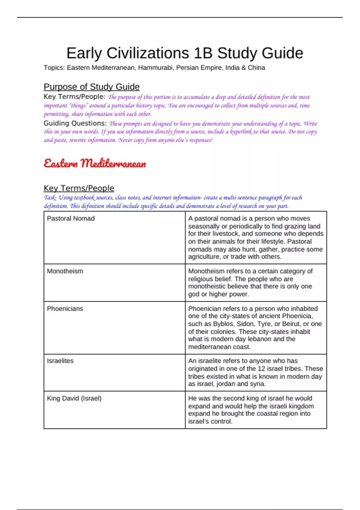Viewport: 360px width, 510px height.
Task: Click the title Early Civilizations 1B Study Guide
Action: pyautogui.click(x=184, y=53)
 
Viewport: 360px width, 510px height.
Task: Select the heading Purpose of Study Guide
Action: pyautogui.click(x=91, y=87)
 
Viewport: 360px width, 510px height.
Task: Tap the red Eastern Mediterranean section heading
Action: pyautogui.click(x=95, y=163)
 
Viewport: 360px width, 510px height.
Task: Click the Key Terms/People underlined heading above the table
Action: pyautogui.click(x=79, y=188)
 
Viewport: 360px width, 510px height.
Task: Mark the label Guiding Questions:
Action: pyautogui.click(x=75, y=123)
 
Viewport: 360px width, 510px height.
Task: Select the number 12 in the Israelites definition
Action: pyautogui.click(x=261, y=369)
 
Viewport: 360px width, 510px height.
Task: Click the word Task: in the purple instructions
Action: pyautogui.click(x=50, y=198)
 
